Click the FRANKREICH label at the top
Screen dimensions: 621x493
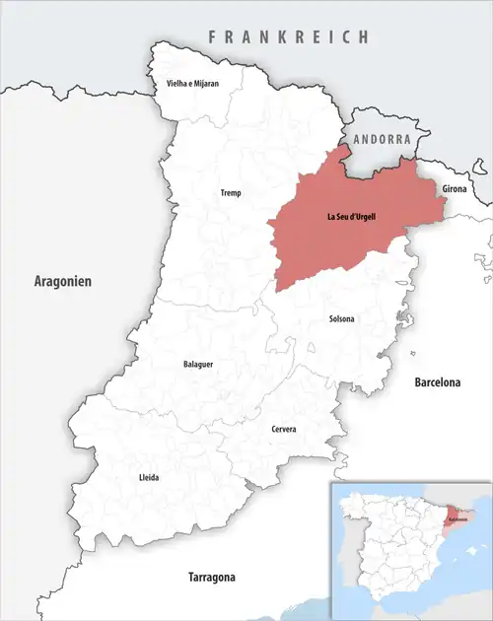coord(289,36)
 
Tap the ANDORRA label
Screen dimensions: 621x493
coord(382,140)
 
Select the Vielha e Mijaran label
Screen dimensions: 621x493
coord(192,85)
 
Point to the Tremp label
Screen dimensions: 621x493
coord(230,193)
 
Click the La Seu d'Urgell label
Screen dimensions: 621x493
coord(356,216)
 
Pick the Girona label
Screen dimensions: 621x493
coord(455,187)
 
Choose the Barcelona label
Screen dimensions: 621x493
coord(438,380)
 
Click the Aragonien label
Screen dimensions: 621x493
coord(61,282)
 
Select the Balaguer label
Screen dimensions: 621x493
coord(198,364)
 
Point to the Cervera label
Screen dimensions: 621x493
coord(284,430)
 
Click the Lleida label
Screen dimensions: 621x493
coord(149,477)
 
